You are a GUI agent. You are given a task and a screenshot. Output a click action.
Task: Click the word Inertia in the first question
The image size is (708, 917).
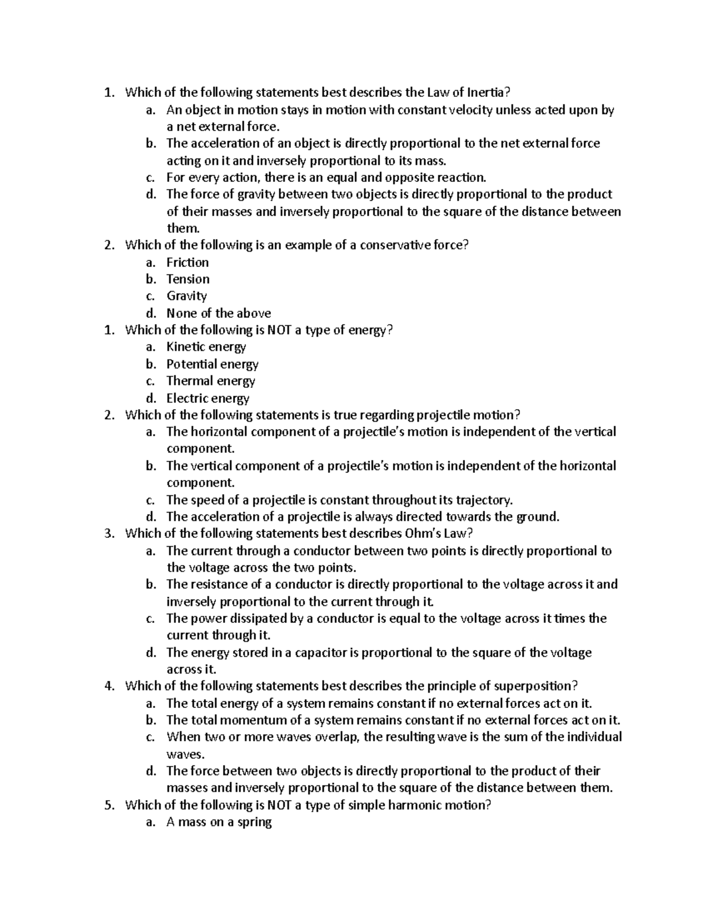pyautogui.click(x=487, y=93)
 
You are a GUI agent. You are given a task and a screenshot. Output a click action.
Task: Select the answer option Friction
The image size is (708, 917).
pyautogui.click(x=187, y=263)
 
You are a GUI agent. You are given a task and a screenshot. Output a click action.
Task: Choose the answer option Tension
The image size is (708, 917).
pyautogui.click(x=188, y=279)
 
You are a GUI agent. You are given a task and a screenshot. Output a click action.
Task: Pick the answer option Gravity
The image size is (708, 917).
pyautogui.click(x=186, y=296)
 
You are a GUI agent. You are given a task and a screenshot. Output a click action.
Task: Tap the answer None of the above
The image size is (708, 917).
pyautogui.click(x=218, y=314)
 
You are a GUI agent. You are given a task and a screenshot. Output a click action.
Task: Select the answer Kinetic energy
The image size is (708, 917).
pyautogui.click(x=206, y=347)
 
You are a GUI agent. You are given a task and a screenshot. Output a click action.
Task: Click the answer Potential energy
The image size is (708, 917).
pyautogui.click(x=212, y=364)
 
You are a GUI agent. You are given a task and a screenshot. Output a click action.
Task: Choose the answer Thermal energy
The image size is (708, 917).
pyautogui.click(x=211, y=381)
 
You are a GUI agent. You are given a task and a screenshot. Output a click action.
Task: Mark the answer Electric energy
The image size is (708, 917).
pyautogui.click(x=208, y=399)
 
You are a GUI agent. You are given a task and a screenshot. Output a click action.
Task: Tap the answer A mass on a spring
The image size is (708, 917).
pyautogui.click(x=219, y=822)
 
